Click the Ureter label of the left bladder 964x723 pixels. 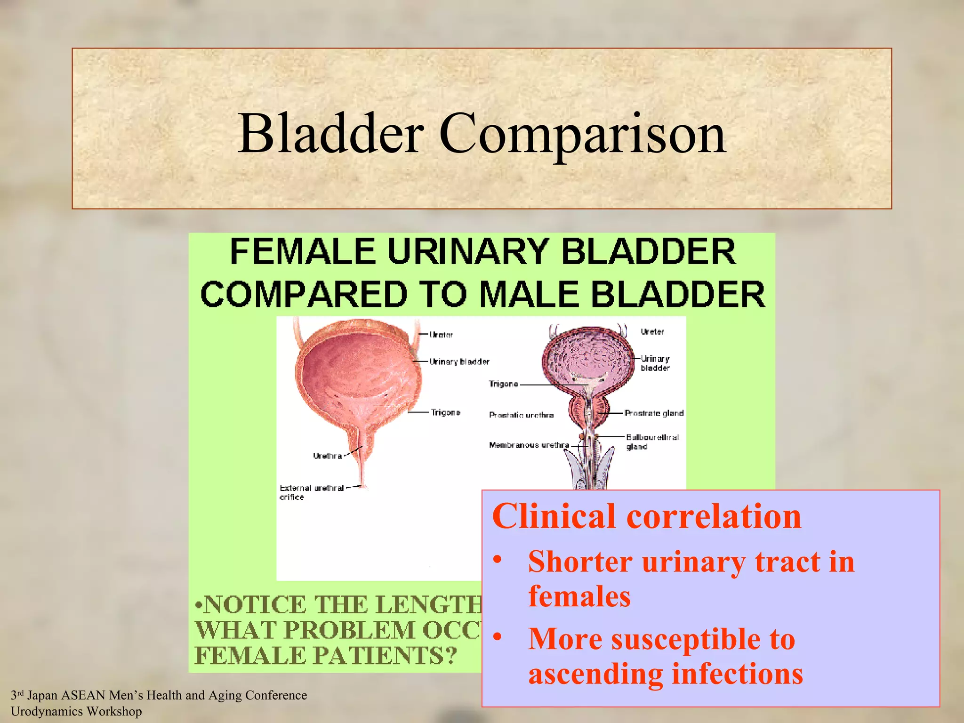tap(441, 335)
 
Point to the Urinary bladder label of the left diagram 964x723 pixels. tap(459, 361)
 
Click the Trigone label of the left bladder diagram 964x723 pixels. tap(445, 412)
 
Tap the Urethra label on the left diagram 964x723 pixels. tap(327, 456)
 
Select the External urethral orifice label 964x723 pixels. tap(312, 492)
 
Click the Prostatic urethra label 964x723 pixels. tap(521, 415)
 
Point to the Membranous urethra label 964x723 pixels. tap(529, 445)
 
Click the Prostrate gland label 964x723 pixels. tap(654, 413)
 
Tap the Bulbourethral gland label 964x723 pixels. tap(652, 442)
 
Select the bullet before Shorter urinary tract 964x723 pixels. tap(498, 561)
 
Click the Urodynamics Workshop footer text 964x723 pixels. tap(76, 711)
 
